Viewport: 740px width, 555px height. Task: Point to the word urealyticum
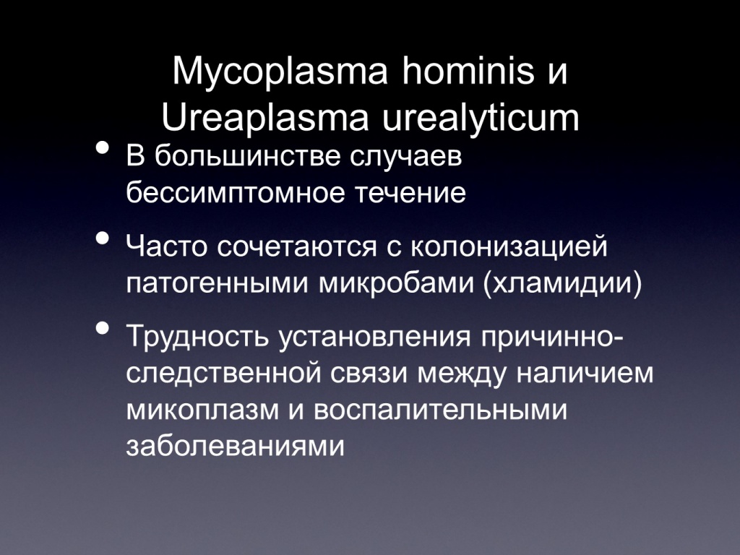click(x=480, y=119)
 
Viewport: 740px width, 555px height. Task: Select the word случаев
click(x=406, y=158)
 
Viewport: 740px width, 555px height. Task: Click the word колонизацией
click(x=508, y=247)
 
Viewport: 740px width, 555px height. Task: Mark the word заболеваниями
click(x=235, y=445)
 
